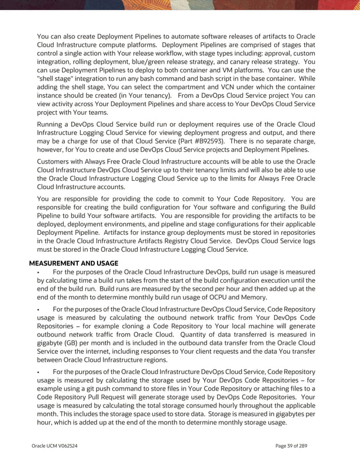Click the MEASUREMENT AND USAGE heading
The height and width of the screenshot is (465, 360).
(73, 263)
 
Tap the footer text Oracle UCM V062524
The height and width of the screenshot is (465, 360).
(55, 446)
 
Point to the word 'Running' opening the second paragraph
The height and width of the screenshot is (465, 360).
(52, 122)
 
